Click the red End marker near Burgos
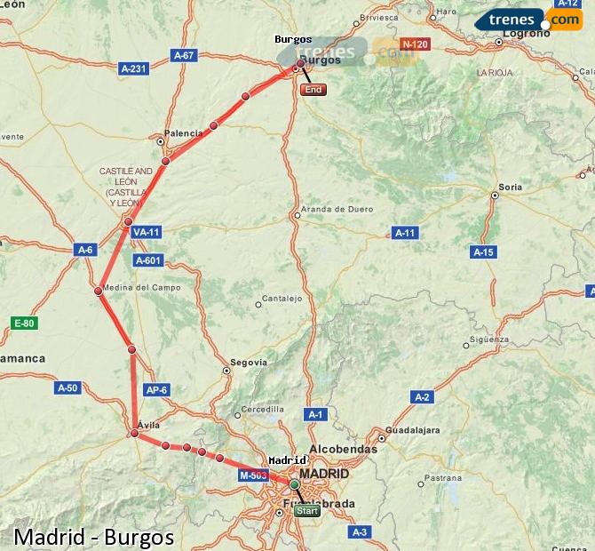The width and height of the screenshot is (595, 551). coord(313,90)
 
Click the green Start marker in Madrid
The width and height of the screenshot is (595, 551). coord(306,511)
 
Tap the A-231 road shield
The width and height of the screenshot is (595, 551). coord(133,68)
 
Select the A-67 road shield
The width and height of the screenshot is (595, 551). coord(184,55)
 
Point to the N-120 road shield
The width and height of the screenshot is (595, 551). coord(415,44)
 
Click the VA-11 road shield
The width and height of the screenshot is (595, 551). coord(145,232)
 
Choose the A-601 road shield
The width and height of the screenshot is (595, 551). coord(147,260)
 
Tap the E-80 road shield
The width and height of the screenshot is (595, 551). coord(24,323)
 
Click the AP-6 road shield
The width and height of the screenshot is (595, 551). coord(156,389)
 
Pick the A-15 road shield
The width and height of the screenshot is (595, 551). coord(483,252)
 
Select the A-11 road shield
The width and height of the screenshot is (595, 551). coord(405,233)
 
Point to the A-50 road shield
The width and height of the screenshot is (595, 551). coord(68,387)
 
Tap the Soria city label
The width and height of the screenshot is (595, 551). coord(510,188)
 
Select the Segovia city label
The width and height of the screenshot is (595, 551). coord(248,363)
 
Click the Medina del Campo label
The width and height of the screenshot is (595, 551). coord(141,288)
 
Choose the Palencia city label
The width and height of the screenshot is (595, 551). coord(184,133)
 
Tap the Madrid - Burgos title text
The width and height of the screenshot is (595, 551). coord(94,537)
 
